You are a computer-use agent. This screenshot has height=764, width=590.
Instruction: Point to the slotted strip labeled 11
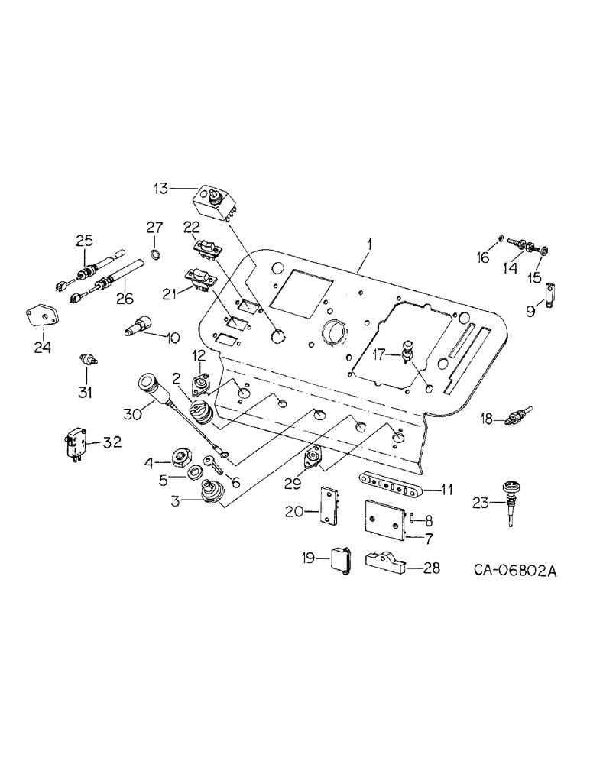coord(389,483)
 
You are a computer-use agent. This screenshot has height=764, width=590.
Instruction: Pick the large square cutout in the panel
coord(300,291)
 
